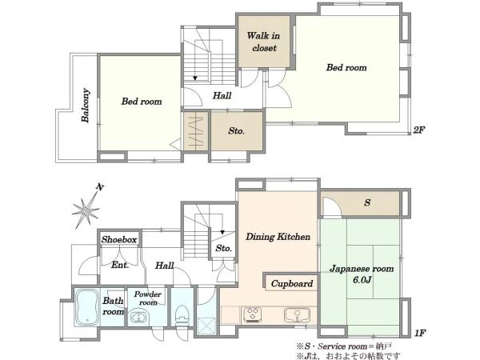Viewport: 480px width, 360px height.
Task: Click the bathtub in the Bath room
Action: point(87,307)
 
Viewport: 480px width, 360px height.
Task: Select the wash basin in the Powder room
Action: point(139,317)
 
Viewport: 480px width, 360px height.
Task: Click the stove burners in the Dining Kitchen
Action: point(253,315)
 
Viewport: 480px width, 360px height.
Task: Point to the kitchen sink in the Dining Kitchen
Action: point(297,315)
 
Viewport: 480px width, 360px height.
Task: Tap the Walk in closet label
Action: point(263,42)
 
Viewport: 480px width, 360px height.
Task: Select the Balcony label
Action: point(86,106)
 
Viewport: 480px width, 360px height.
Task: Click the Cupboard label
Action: point(292,284)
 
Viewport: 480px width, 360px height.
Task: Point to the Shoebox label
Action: point(119,239)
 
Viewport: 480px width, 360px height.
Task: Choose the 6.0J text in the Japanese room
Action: point(362,280)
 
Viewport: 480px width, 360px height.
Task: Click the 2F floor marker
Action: point(418,130)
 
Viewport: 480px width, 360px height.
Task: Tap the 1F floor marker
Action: point(420,333)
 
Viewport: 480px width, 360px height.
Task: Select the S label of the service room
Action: point(367,202)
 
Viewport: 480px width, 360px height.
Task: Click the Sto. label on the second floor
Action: point(236,131)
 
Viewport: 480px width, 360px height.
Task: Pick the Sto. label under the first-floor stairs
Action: point(223,248)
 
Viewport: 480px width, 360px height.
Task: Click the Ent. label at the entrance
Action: point(120,265)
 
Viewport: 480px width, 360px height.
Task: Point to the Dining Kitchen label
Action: point(278,237)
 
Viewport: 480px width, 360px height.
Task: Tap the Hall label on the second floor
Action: point(222,95)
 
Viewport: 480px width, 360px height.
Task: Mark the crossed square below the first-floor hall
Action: point(206,326)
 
